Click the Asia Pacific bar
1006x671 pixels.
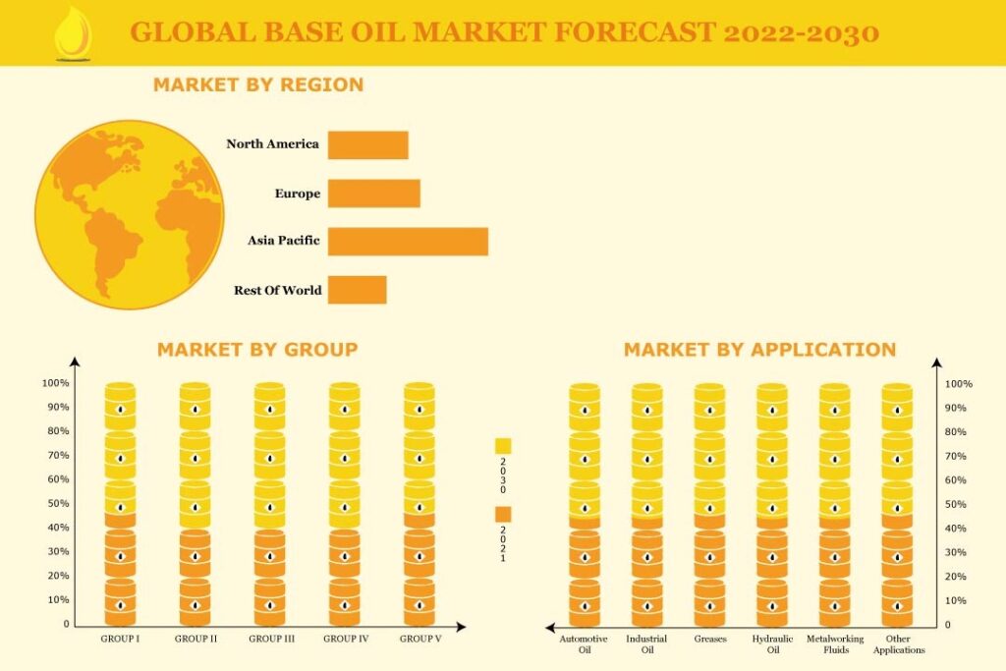408,242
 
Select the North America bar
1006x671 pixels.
367,144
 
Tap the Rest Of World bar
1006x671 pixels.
357,290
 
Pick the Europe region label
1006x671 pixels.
297,194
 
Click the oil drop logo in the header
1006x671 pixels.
72,33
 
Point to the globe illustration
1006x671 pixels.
129,214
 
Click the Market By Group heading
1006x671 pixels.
257,350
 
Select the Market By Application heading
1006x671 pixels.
759,350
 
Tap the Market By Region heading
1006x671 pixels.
258,85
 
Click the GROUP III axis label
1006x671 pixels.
271,639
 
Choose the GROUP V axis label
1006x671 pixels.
419,639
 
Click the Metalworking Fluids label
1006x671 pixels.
835,644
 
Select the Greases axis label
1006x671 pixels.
709,639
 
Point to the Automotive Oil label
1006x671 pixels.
584,644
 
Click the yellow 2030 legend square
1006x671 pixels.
503,446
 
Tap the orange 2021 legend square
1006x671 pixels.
503,514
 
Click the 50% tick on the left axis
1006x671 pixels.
56,503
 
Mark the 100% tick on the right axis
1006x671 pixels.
959,384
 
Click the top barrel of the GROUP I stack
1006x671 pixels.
121,406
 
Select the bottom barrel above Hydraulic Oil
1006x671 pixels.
771,602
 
